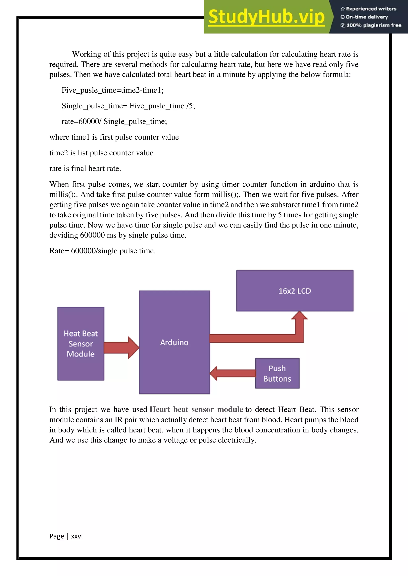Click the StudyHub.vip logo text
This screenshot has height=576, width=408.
point(266,17)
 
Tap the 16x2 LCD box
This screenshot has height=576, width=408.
point(295,291)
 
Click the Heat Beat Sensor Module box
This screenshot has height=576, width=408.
point(81,343)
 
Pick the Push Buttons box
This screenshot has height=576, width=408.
point(277,373)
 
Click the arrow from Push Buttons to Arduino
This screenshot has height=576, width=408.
point(233,373)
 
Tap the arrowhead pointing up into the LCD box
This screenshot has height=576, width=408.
point(299,316)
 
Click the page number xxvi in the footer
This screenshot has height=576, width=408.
point(77,536)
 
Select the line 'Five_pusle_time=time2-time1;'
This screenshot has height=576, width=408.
point(113,90)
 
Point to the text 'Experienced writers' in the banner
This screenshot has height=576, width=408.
point(371,9)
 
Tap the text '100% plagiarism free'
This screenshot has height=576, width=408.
point(374,25)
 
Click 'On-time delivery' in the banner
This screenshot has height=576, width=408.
point(367,17)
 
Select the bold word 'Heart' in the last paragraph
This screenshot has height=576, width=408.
point(160,409)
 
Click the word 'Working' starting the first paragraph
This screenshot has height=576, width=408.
point(87,54)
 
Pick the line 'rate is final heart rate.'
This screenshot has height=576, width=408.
point(85,168)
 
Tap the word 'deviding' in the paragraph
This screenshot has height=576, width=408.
point(64,235)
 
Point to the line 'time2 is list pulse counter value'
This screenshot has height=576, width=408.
point(101,153)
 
